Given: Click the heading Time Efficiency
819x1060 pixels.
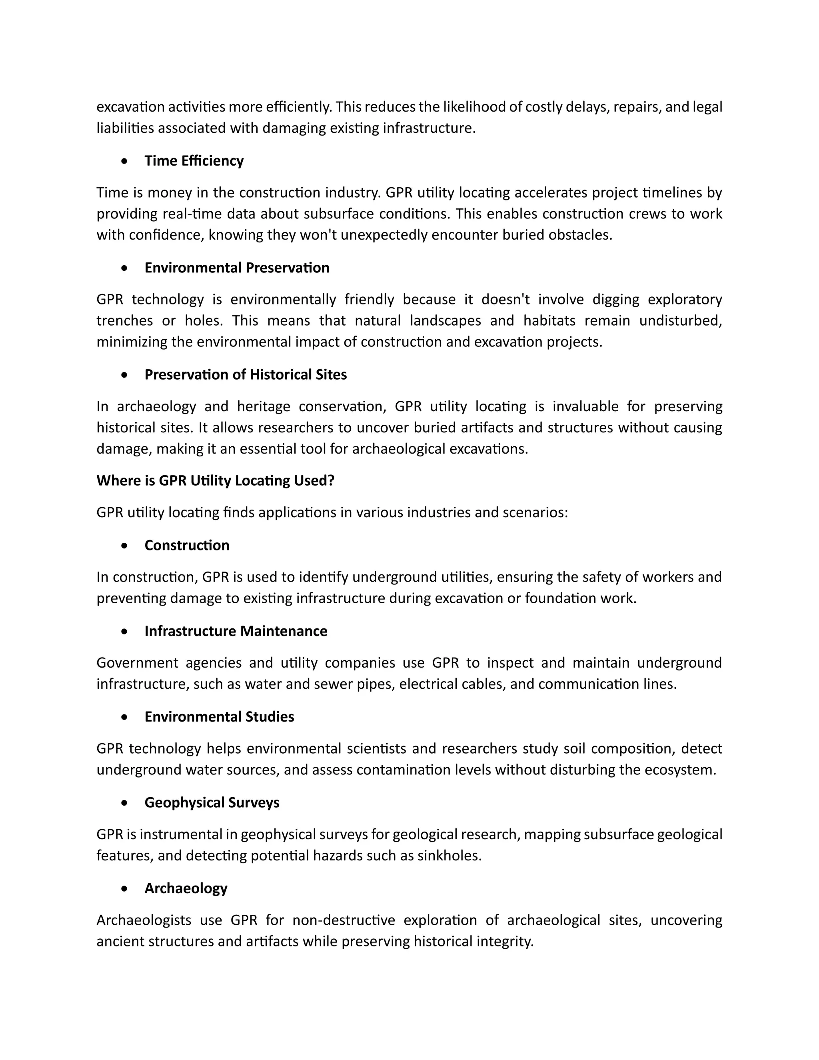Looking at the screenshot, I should [194, 161].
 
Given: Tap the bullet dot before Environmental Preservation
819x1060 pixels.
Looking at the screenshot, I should [125, 268].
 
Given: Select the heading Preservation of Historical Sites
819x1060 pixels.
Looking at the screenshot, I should [246, 375].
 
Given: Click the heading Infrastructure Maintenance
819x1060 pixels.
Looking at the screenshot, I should [236, 631].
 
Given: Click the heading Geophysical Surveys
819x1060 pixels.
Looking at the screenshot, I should [212, 802].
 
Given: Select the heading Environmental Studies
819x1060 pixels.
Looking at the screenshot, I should [219, 717].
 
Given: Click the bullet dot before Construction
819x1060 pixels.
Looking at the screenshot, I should [125, 546].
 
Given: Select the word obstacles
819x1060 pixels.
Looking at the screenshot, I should [580, 235].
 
